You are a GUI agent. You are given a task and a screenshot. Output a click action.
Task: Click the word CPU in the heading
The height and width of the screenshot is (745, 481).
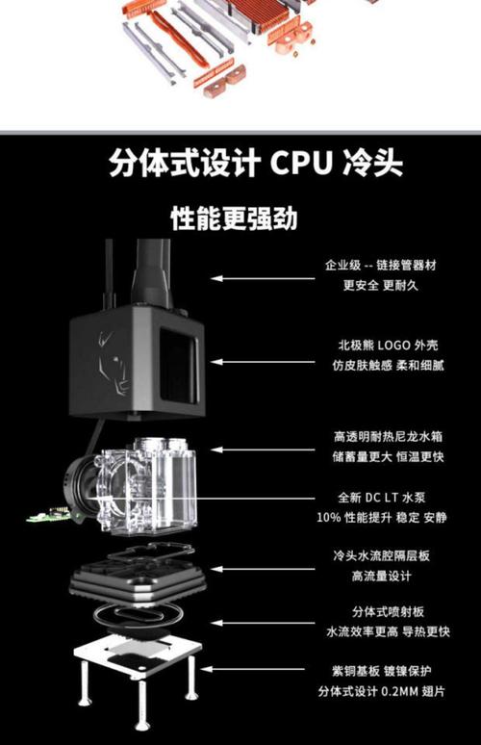point(301,163)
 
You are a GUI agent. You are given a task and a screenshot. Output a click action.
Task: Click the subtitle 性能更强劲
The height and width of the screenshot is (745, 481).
point(234,218)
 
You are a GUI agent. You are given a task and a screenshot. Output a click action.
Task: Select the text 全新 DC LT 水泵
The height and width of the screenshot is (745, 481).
point(382,498)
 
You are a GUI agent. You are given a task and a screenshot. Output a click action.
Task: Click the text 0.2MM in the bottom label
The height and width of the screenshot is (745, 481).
point(399,691)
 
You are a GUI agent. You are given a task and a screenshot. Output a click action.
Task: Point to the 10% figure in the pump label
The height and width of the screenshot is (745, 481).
point(329,518)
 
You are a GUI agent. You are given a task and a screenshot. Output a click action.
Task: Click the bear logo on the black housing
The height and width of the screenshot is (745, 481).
point(113,364)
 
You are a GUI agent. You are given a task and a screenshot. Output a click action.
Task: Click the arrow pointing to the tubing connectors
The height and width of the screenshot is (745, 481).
point(263,278)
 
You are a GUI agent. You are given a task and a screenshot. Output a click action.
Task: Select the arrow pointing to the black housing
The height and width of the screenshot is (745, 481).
point(263,362)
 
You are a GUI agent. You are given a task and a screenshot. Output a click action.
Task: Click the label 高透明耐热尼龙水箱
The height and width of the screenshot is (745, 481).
point(388,437)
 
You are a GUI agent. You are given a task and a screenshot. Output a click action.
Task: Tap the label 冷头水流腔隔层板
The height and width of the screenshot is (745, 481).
point(381,555)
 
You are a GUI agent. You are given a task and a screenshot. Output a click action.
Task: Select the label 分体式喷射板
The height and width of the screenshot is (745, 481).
point(388,611)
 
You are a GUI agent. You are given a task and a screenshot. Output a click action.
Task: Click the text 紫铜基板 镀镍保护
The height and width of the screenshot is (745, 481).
point(382,671)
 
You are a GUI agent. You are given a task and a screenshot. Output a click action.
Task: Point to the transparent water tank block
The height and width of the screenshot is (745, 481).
point(147,487)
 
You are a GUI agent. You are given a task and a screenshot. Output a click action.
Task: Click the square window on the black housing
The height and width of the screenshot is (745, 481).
point(178,366)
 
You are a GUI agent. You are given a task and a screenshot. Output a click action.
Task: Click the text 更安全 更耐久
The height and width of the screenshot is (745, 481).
point(381,285)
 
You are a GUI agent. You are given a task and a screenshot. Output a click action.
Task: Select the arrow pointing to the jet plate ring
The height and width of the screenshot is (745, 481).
point(263,623)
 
